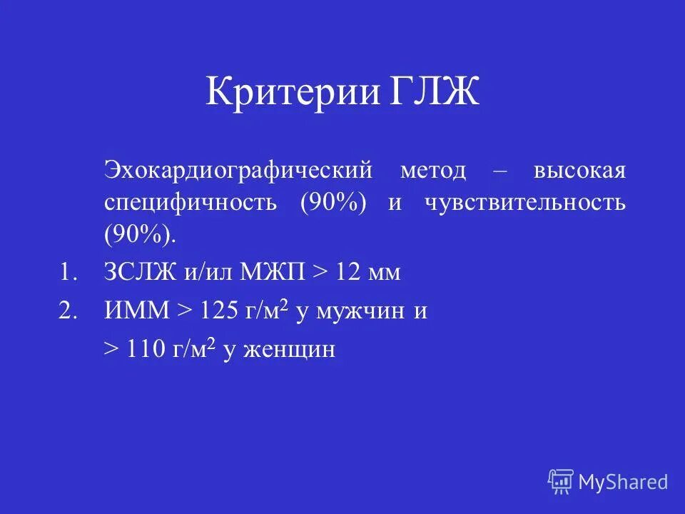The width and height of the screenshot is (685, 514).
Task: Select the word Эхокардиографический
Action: (x=238, y=171)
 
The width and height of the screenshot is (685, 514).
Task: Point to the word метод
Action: (x=432, y=171)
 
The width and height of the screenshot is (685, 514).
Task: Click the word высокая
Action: (x=579, y=171)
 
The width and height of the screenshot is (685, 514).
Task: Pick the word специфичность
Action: (x=190, y=203)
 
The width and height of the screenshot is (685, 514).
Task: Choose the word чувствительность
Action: (x=525, y=203)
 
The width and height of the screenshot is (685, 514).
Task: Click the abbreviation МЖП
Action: (x=273, y=273)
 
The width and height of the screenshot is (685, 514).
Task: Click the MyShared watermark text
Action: (x=623, y=482)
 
